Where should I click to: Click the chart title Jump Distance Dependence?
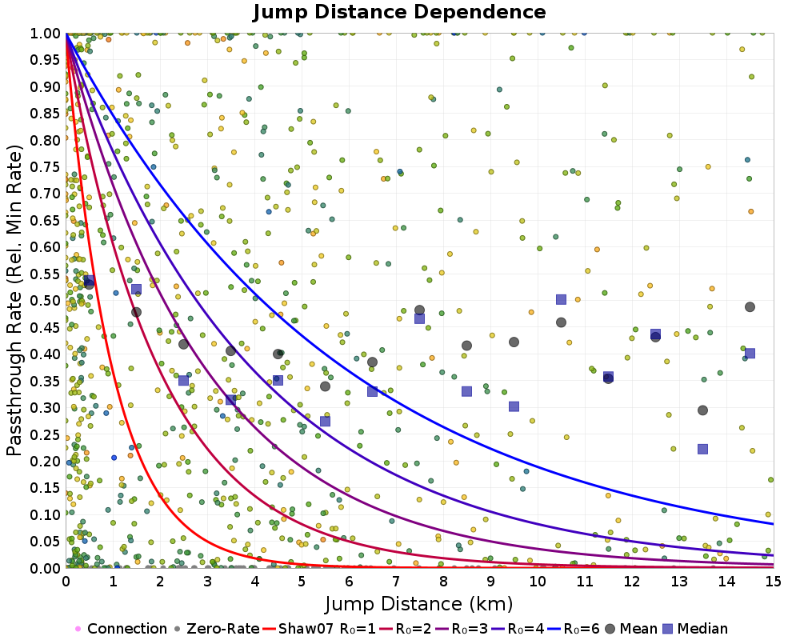(399, 13)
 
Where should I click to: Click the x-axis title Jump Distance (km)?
(418, 603)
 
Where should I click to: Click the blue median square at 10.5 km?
(561, 299)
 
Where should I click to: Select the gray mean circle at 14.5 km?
(750, 307)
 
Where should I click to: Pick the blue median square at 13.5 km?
(702, 449)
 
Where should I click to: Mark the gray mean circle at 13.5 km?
(702, 410)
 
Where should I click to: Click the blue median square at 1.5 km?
(136, 289)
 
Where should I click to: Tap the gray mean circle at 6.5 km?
(372, 362)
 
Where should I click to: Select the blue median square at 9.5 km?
(514, 406)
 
